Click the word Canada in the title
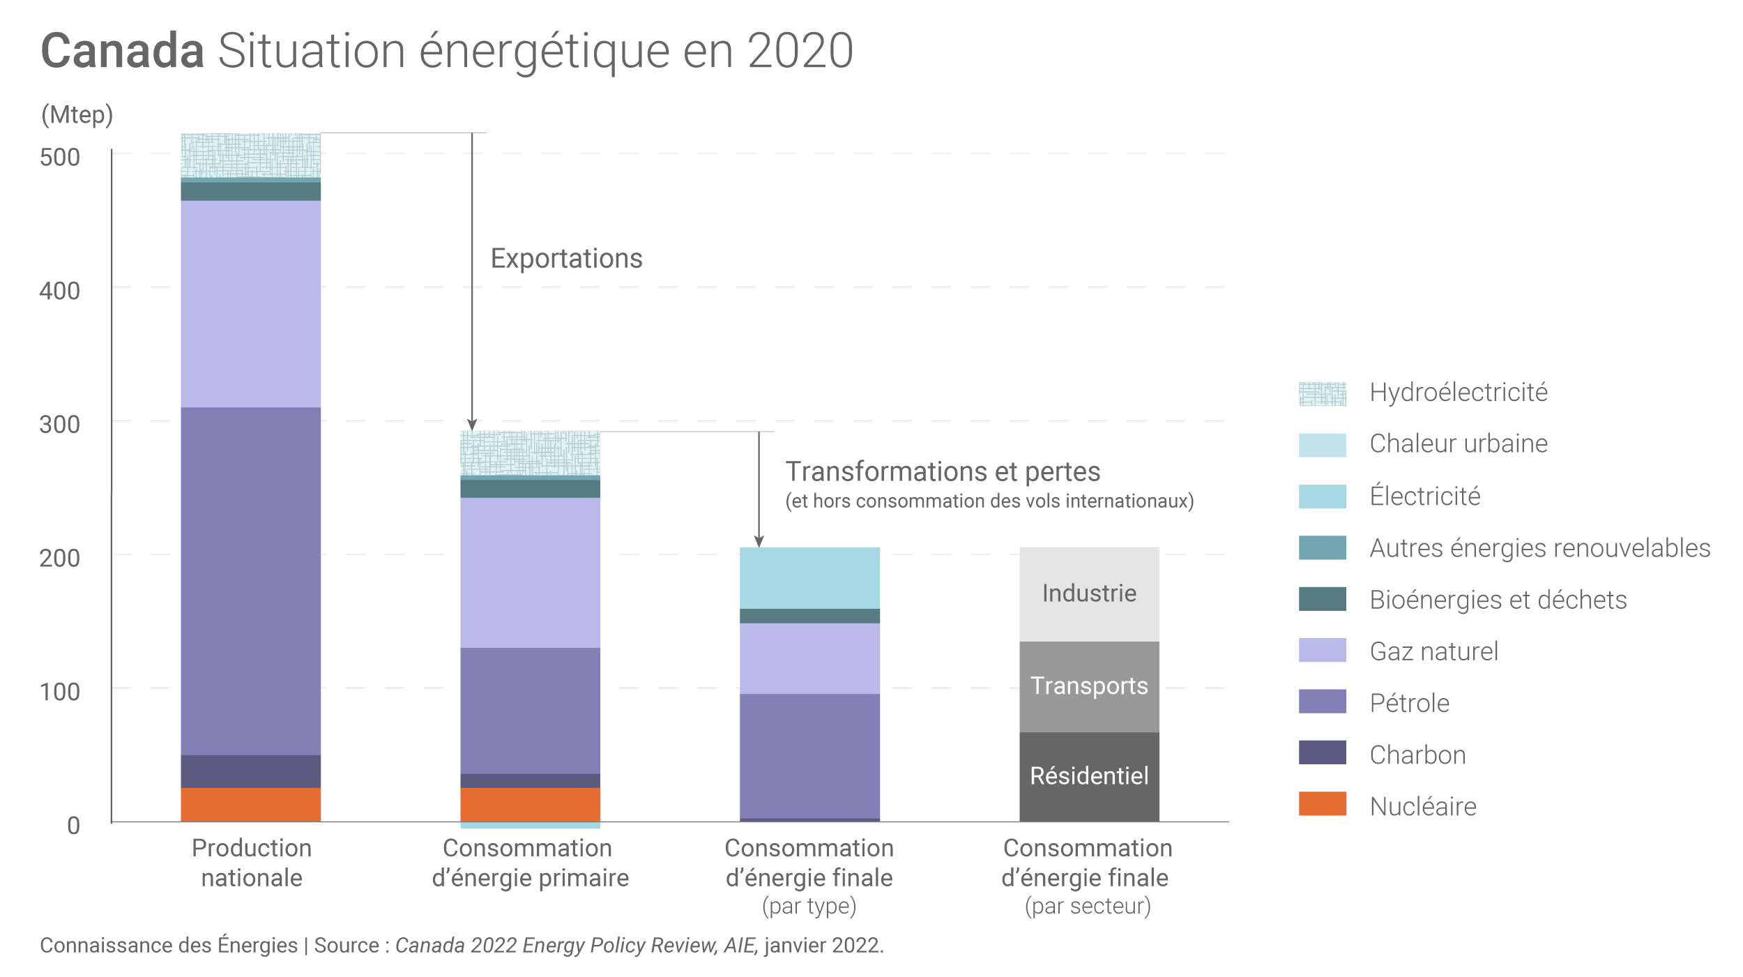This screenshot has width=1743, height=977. (x=122, y=52)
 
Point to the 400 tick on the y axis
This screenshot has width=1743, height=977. (x=60, y=291)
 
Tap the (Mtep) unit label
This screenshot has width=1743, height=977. (x=77, y=114)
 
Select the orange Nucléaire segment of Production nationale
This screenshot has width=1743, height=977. (x=250, y=804)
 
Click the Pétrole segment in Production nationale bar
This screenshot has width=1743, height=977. (x=250, y=581)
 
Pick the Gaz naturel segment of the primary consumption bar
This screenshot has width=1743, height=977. (x=530, y=572)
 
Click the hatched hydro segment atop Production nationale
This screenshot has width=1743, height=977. (x=250, y=155)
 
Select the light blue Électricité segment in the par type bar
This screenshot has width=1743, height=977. (x=809, y=577)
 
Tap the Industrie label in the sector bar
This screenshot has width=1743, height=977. (x=1089, y=593)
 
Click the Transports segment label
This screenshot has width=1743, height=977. (x=1089, y=686)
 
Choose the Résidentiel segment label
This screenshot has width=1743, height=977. (x=1089, y=776)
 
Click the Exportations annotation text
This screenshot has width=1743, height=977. (x=566, y=259)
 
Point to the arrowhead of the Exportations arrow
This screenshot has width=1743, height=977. (x=472, y=425)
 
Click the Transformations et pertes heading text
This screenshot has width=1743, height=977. (x=943, y=472)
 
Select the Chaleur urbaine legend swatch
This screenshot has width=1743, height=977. (x=1322, y=445)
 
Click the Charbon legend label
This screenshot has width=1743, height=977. (x=1417, y=755)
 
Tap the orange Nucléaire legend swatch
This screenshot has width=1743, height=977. (x=1322, y=803)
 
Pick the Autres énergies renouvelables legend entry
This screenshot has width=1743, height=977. (x=1539, y=548)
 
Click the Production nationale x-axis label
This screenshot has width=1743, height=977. (x=252, y=863)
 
